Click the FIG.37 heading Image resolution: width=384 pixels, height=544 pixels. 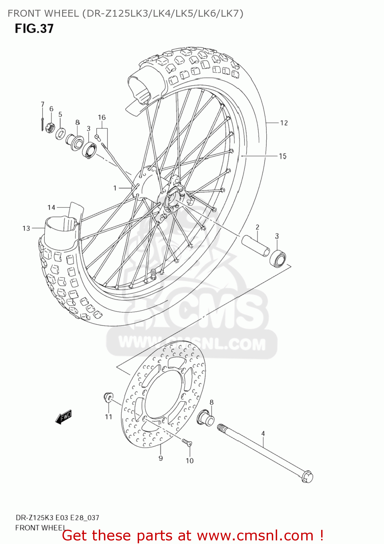pos(34,29)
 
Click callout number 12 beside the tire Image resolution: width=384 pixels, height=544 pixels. pos(284,123)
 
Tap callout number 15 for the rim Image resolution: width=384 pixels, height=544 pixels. pos(283,156)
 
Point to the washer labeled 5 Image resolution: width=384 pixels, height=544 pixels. pos(60,133)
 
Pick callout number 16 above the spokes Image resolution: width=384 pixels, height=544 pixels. pos(102,118)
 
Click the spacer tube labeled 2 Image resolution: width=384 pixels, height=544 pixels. pos(256,246)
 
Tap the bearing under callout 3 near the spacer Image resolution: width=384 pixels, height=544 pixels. pos(278,258)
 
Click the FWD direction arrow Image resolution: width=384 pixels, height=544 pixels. pos(64,417)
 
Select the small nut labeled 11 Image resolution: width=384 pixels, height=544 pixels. pos(108,397)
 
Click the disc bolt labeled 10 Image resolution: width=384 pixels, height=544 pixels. pos(187,442)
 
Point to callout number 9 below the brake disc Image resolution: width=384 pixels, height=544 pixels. pos(161,458)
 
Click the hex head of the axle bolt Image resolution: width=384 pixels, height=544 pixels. pos(307,477)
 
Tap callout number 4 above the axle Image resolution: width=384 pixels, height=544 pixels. pos(263,433)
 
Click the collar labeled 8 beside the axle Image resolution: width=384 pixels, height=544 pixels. pos(206,418)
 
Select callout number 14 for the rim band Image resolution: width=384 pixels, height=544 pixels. pos(51,207)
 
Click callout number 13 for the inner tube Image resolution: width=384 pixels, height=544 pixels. pos(26,228)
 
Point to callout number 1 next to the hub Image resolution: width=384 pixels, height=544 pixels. pos(115,188)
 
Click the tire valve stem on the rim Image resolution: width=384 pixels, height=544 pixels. pos(153,274)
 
